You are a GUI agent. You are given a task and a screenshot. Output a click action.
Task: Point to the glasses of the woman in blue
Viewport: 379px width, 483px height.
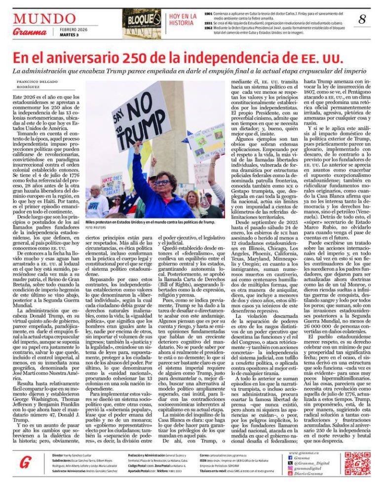[162, 182]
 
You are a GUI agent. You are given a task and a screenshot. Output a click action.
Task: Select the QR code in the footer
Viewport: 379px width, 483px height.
[357, 463]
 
